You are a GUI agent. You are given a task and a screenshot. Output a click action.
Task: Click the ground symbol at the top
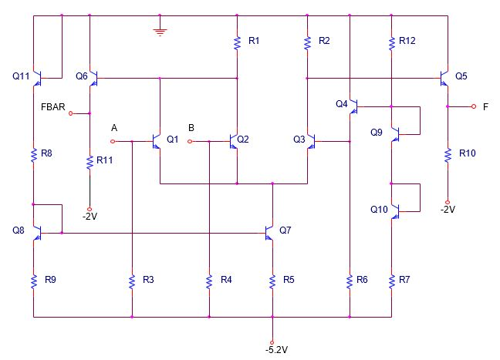[x=160, y=32]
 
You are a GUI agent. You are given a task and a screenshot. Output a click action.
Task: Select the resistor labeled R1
[x=238, y=43]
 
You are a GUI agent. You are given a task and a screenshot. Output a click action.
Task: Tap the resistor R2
[x=307, y=43]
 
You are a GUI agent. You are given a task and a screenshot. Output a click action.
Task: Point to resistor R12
[x=392, y=43]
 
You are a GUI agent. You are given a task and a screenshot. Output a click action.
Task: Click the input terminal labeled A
[x=113, y=141]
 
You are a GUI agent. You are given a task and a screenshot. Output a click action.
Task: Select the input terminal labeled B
[x=191, y=141]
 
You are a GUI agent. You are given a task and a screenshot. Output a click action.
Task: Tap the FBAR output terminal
[x=71, y=113]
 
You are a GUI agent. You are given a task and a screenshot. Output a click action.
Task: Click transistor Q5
[x=444, y=78]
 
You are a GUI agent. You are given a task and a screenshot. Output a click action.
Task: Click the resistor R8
[x=34, y=156]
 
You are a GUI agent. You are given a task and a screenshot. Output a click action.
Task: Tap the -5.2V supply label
[x=276, y=349]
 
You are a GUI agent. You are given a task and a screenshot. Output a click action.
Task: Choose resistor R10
[x=447, y=156]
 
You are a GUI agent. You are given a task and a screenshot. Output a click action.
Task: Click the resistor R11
[x=90, y=162]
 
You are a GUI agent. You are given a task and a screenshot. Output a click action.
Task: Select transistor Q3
[x=310, y=141]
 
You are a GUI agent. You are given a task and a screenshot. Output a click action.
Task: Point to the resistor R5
[x=272, y=281]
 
